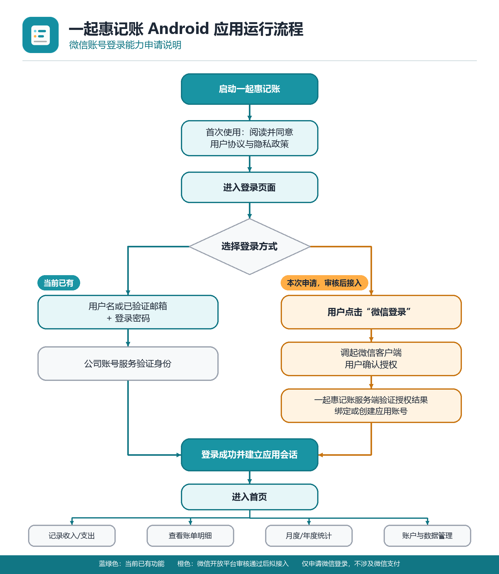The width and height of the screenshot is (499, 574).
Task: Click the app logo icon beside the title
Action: point(41,35)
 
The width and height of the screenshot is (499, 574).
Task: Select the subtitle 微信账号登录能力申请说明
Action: point(125,45)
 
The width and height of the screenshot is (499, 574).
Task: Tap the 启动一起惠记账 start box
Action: point(249,89)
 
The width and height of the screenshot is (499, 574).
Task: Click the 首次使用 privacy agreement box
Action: point(249,138)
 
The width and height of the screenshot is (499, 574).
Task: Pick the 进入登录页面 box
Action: point(249,187)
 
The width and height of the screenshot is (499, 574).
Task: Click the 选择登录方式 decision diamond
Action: point(249,246)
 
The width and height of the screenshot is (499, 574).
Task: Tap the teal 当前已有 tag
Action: point(59,283)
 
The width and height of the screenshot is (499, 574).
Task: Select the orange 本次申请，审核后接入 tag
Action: point(324,283)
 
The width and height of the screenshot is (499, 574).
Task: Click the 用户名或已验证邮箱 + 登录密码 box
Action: point(128,312)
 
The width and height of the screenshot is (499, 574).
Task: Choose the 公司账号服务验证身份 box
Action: point(128,363)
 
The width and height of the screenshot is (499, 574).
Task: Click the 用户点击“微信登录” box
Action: point(371,312)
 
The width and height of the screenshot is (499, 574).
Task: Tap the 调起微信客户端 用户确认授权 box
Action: point(371,359)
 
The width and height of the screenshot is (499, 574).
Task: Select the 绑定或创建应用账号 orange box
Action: point(371,406)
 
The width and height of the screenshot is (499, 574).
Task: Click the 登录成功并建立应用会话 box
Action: point(249,455)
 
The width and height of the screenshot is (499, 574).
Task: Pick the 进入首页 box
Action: point(249,497)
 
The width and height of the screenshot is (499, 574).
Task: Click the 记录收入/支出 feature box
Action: point(72,536)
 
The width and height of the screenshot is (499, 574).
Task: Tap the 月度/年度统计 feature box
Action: point(309,536)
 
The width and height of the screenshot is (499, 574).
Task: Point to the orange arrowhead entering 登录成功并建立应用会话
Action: point(321,455)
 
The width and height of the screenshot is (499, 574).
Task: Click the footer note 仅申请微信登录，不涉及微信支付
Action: point(351,564)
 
